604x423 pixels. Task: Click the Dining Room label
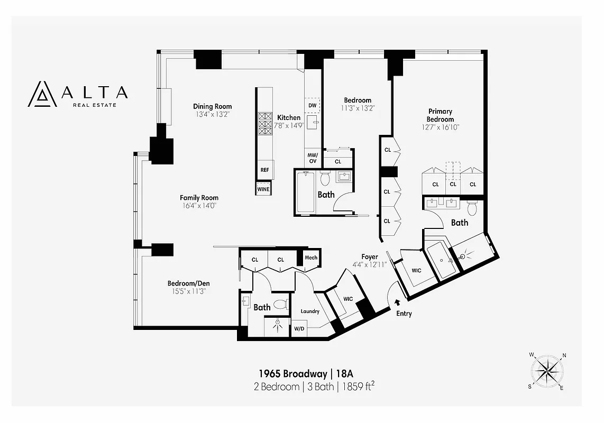pyautogui.click(x=212, y=106)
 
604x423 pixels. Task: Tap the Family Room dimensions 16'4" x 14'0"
pyautogui.click(x=198, y=205)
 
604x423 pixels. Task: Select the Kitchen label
pyautogui.click(x=289, y=117)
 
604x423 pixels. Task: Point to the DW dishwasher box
pyautogui.click(x=312, y=106)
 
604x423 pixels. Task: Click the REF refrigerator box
pyautogui.click(x=264, y=170)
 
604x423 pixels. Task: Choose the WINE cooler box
pyautogui.click(x=263, y=189)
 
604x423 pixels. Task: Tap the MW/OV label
pyautogui.click(x=312, y=158)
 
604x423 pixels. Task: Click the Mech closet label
pyautogui.click(x=310, y=258)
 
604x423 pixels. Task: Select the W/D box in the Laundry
pyautogui.click(x=299, y=328)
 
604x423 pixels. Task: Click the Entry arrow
pyautogui.click(x=397, y=302)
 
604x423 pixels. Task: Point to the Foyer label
pyautogui.click(x=370, y=257)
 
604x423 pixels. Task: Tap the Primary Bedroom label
pyautogui.click(x=440, y=115)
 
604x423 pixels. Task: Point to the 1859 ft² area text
pyautogui.click(x=359, y=387)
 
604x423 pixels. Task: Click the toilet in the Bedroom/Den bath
pyautogui.click(x=281, y=304)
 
